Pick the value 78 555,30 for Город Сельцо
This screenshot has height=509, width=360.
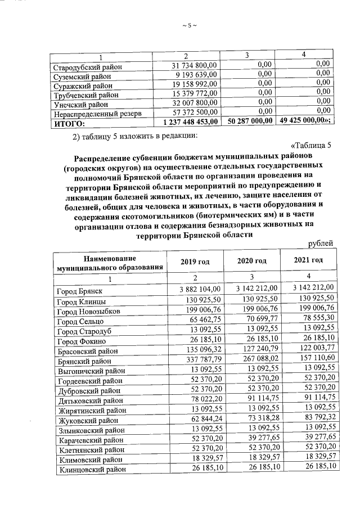pos(317,319)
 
